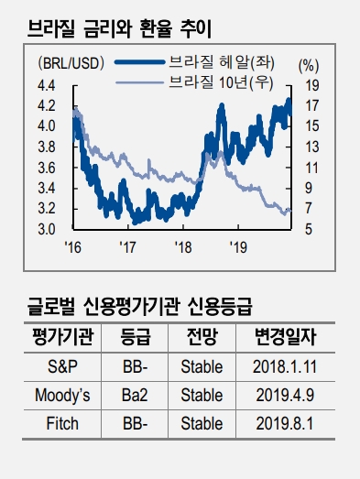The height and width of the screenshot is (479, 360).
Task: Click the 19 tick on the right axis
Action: [x=311, y=85]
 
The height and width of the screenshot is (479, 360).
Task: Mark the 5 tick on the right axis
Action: [x=311, y=229]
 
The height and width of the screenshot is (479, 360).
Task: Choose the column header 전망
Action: [x=202, y=338]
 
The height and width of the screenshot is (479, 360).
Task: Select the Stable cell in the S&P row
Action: [x=202, y=367]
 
